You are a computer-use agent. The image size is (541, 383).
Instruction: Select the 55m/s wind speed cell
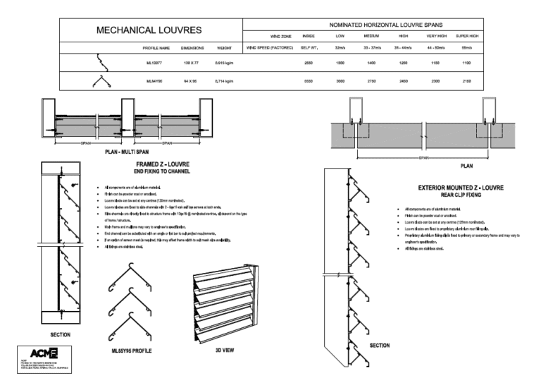(466, 48)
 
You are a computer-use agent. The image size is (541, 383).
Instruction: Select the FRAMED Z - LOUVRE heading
(163, 164)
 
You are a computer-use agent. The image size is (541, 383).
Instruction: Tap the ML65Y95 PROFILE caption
(132, 350)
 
